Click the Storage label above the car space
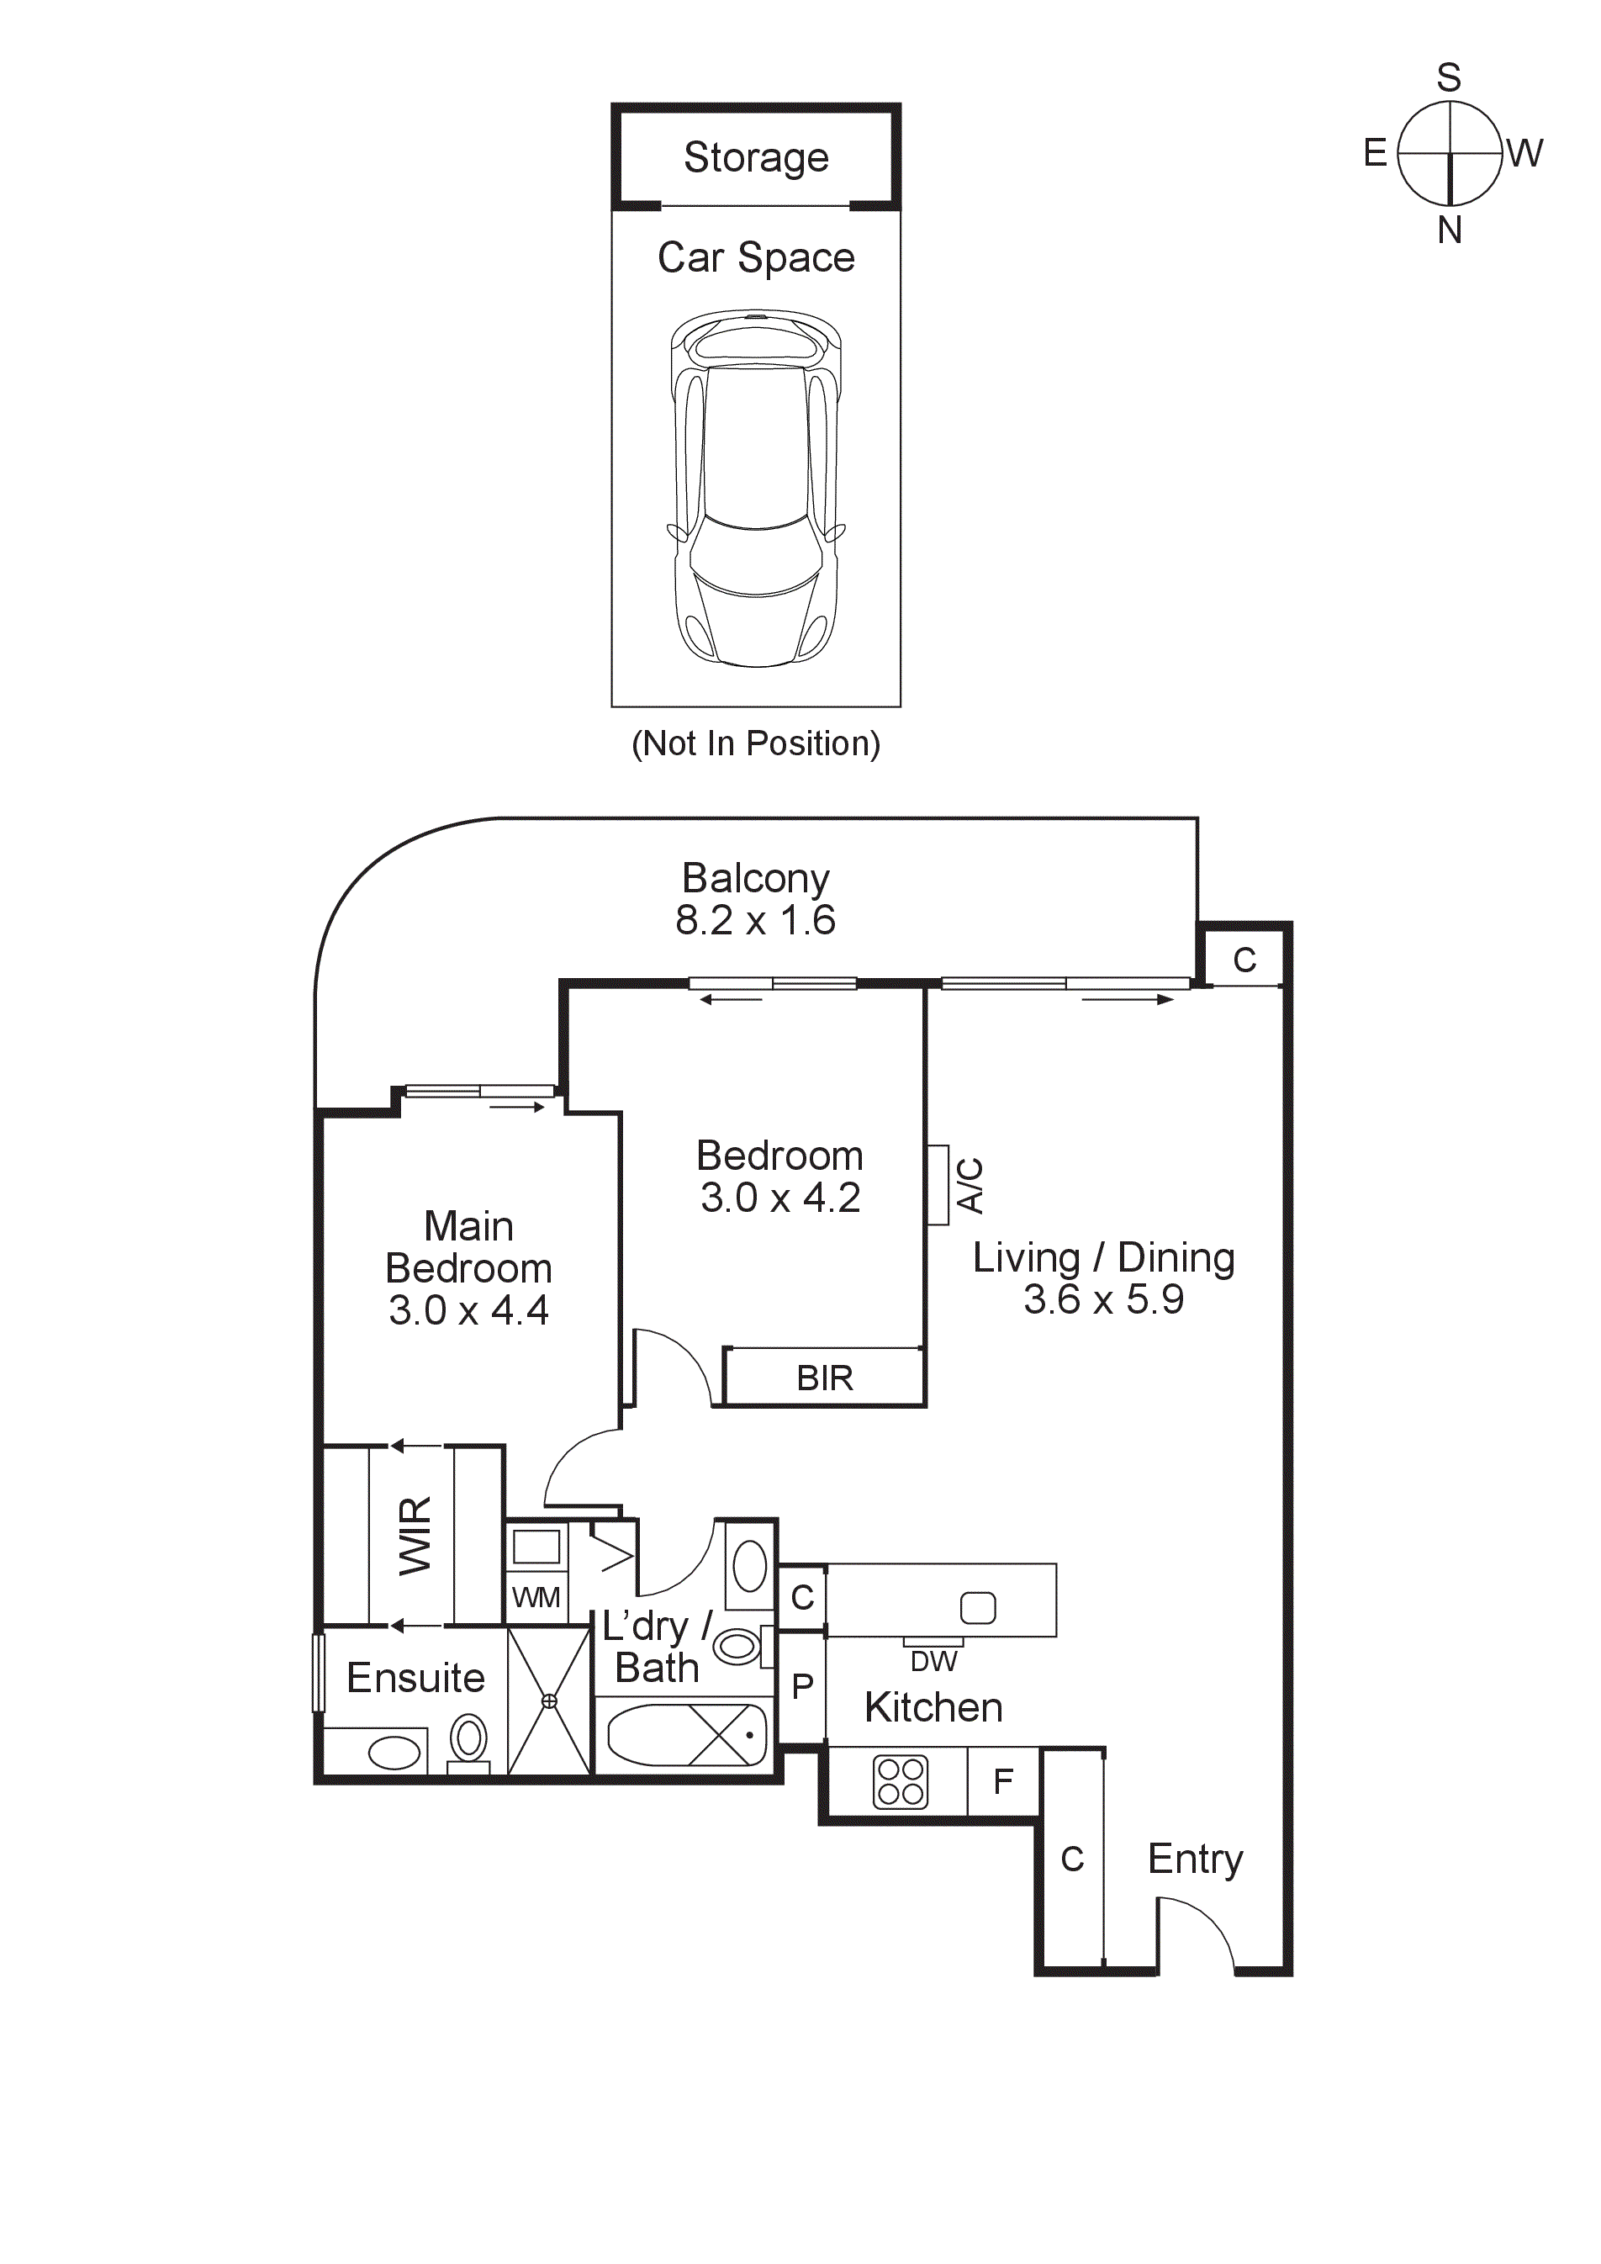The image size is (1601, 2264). [756, 158]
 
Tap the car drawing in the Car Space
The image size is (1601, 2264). [756, 488]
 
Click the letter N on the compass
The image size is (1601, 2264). [1449, 230]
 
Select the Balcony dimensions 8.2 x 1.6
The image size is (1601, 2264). [755, 920]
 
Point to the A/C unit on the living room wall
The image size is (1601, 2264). [938, 1184]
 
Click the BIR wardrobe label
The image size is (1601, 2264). [824, 1378]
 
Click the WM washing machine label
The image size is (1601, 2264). [536, 1596]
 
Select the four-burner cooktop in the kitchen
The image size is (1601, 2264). [900, 1782]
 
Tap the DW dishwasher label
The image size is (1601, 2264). [933, 1663]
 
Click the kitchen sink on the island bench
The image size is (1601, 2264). [977, 1608]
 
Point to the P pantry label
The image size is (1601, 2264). [802, 1686]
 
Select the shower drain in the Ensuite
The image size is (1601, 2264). [549, 1701]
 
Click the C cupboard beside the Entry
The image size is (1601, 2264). [1071, 1859]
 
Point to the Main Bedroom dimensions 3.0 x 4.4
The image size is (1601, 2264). [468, 1310]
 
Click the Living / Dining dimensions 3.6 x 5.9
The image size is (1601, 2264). [1103, 1299]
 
